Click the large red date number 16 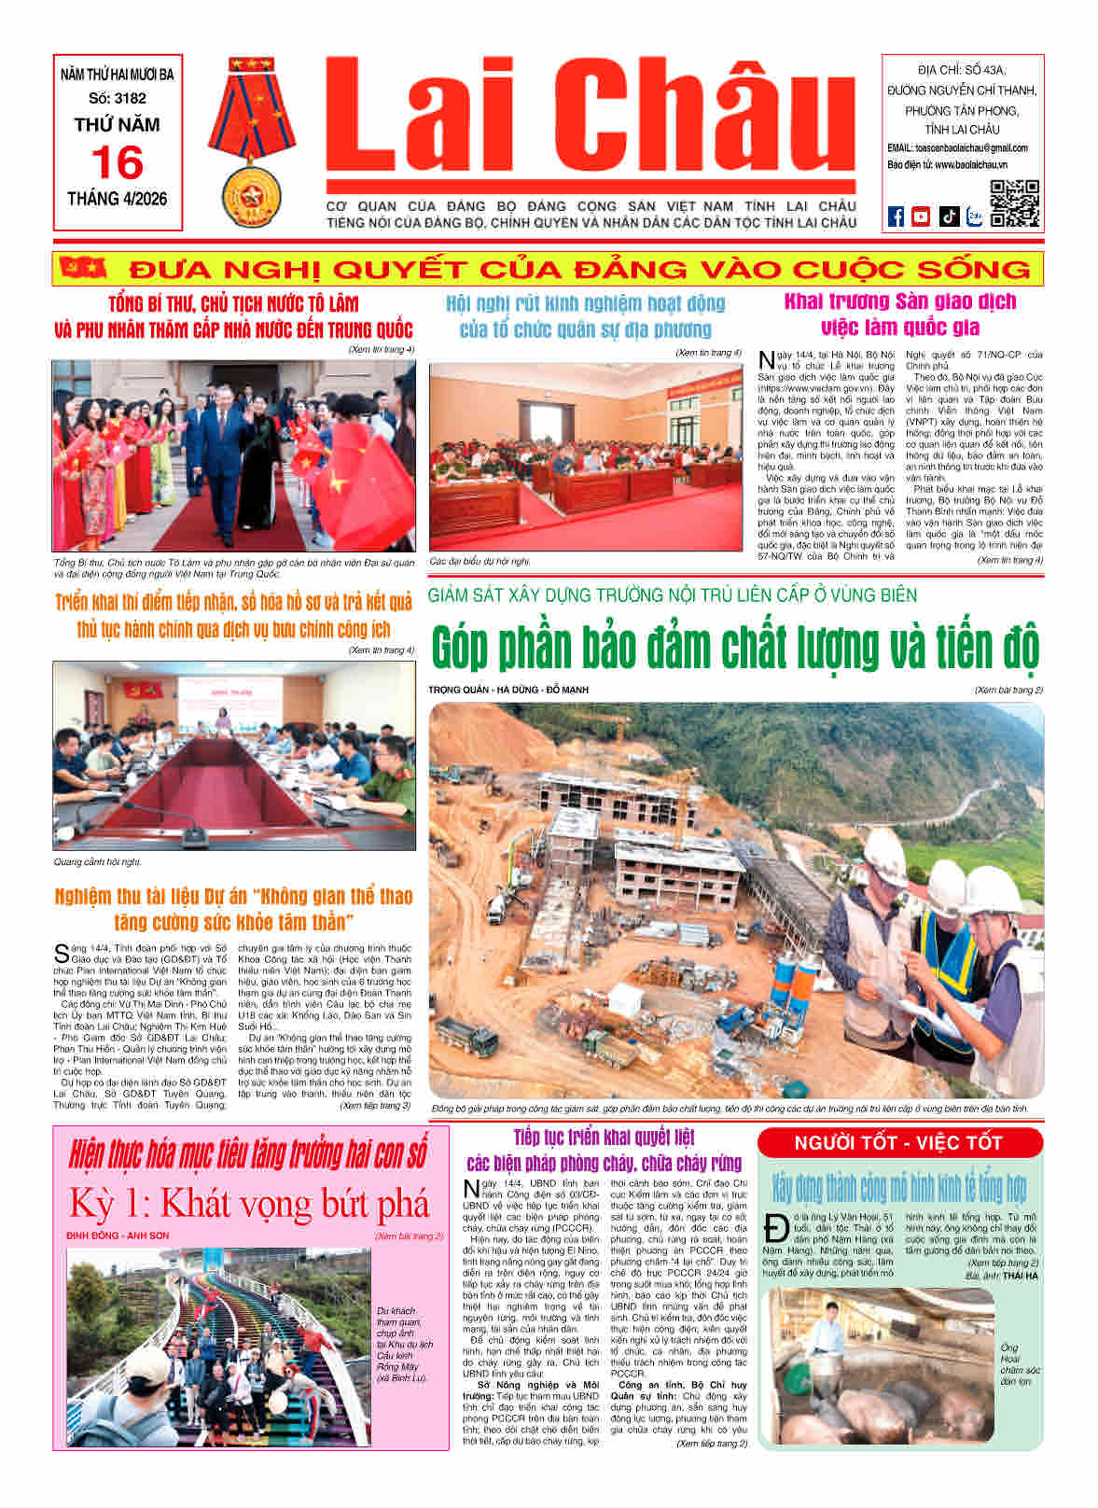pyautogui.click(x=118, y=163)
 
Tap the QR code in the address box pyautogui.click(x=1014, y=202)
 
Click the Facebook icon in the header pyautogui.click(x=896, y=216)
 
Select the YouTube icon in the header pyautogui.click(x=921, y=216)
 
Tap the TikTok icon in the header pyautogui.click(x=948, y=216)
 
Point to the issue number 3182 pyautogui.click(x=118, y=98)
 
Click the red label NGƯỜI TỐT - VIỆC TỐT pyautogui.click(x=898, y=1143)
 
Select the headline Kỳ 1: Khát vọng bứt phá pyautogui.click(x=249, y=1204)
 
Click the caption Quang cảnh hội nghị pyautogui.click(x=97, y=862)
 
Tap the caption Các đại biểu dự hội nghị pyautogui.click(x=480, y=562)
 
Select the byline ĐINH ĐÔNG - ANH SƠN pyautogui.click(x=118, y=1236)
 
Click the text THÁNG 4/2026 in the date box pyautogui.click(x=118, y=199)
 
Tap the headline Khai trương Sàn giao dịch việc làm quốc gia pyautogui.click(x=899, y=314)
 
